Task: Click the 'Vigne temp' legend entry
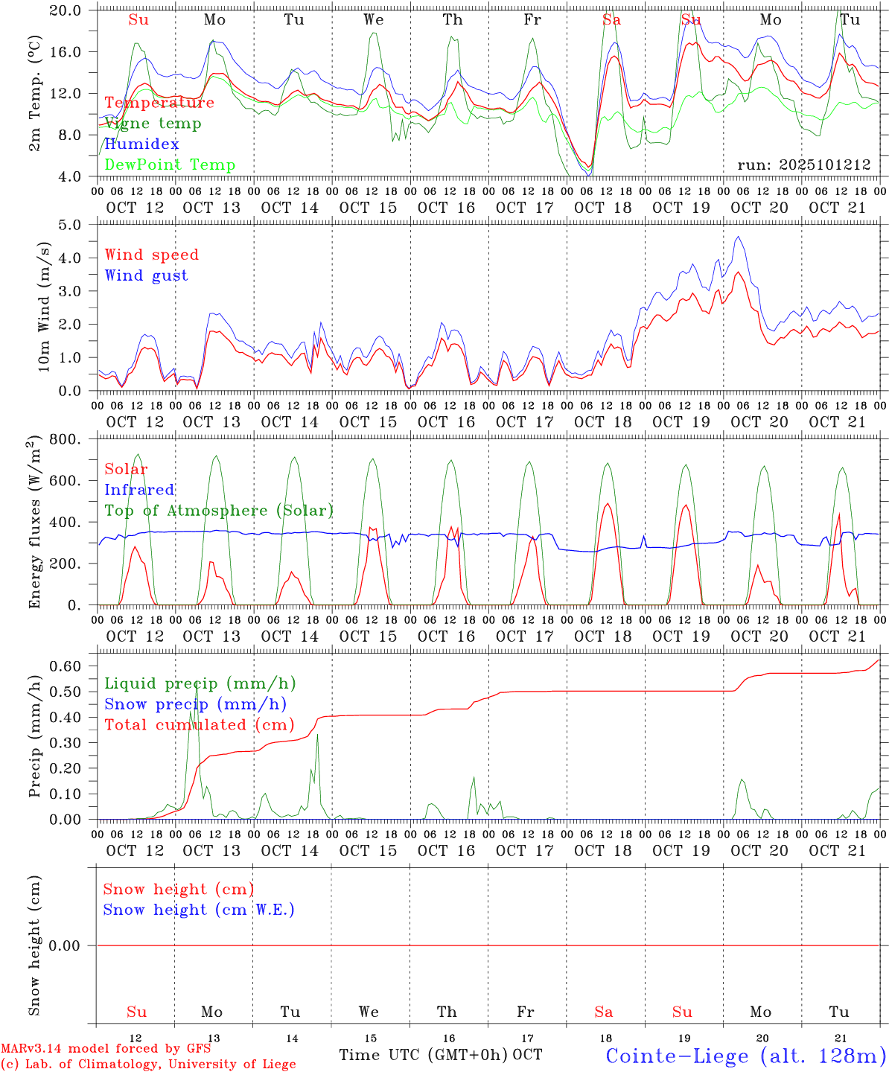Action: click(x=153, y=124)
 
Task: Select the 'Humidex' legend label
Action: click(x=141, y=144)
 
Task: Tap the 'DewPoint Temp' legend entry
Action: click(x=170, y=165)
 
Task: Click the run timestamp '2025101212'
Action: click(x=804, y=165)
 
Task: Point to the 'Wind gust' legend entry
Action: click(x=146, y=275)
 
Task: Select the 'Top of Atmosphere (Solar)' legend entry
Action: click(x=219, y=511)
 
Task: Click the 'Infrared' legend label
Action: click(x=139, y=490)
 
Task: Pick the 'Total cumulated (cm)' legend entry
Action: click(x=199, y=725)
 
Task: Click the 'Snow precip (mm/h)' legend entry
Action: click(x=195, y=704)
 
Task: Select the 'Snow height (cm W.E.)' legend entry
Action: click(x=199, y=910)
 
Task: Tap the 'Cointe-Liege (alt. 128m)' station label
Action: click(x=746, y=1056)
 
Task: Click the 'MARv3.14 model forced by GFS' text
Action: click(x=106, y=1048)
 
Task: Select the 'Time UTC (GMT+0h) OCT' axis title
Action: click(x=441, y=1055)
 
